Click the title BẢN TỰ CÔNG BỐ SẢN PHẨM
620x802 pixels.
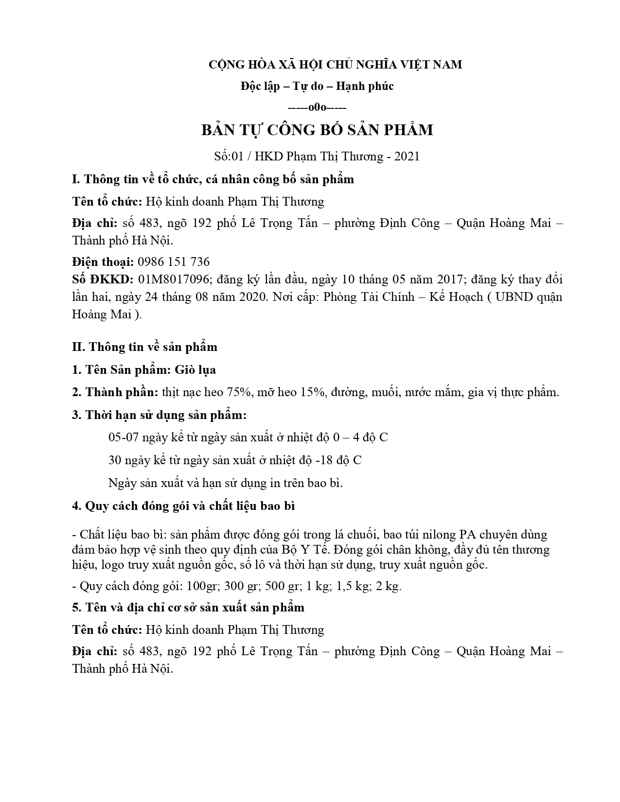(317, 130)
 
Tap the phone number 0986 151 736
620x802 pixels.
(174, 262)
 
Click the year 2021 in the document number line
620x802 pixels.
(407, 157)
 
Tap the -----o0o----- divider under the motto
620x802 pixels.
(317, 107)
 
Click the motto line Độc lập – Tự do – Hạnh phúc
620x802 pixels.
(317, 87)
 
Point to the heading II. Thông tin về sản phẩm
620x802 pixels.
(145, 347)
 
